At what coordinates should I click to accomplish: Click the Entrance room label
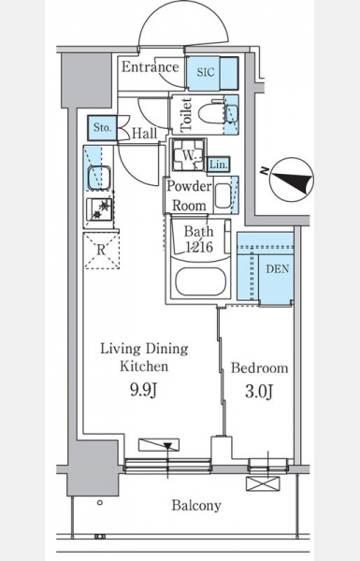(x=150, y=67)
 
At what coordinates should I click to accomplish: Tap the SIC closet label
(x=206, y=72)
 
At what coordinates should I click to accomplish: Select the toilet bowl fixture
(x=211, y=113)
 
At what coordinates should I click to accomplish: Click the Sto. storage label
(x=102, y=127)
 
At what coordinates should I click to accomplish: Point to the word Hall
(x=145, y=134)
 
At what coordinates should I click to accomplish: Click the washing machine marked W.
(x=189, y=154)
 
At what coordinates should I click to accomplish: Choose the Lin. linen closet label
(x=218, y=165)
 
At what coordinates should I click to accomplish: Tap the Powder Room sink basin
(x=223, y=195)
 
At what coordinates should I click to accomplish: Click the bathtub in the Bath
(x=200, y=281)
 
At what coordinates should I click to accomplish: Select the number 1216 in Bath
(x=199, y=247)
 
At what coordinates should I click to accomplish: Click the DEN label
(x=278, y=269)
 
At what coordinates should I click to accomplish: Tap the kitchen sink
(x=98, y=178)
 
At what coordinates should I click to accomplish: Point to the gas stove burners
(x=99, y=209)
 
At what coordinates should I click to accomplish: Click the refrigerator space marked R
(x=102, y=251)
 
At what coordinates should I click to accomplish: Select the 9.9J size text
(x=144, y=390)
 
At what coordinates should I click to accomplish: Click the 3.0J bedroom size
(x=259, y=391)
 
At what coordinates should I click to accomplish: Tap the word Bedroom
(x=259, y=367)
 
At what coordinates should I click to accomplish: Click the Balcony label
(x=196, y=506)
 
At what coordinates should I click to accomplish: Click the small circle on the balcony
(x=100, y=502)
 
